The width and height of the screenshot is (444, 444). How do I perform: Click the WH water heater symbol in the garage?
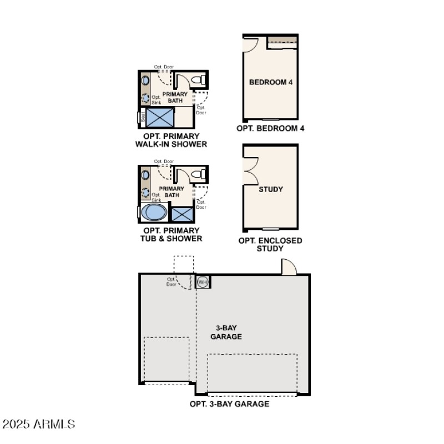click(203, 282)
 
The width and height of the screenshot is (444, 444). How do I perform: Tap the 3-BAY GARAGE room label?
click(226, 332)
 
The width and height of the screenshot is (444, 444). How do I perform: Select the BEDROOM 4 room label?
click(270, 82)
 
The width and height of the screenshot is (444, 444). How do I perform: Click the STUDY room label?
click(271, 189)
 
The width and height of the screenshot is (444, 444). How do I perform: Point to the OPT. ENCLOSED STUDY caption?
click(270, 244)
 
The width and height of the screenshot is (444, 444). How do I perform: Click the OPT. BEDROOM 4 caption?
click(270, 129)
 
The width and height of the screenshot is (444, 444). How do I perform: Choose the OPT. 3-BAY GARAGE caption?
click(229, 404)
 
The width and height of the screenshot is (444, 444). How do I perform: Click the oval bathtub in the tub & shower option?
click(154, 213)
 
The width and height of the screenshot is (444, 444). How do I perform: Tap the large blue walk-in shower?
click(160, 118)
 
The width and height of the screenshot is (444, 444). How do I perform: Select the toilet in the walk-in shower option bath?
click(197, 81)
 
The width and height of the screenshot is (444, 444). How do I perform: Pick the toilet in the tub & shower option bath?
click(197, 175)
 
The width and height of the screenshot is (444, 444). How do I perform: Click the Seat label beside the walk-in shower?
click(142, 118)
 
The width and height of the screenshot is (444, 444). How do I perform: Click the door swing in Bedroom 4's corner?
click(250, 44)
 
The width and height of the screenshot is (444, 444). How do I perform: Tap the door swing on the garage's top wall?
click(289, 268)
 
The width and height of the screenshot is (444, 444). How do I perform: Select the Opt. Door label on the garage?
click(171, 281)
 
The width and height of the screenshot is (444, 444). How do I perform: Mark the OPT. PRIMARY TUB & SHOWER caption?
click(171, 234)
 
